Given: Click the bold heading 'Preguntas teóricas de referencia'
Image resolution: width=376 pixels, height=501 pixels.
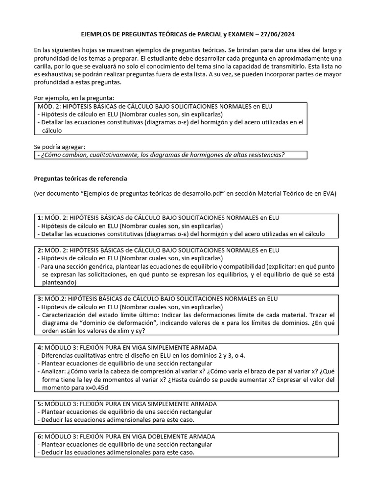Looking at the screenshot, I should pyautogui.click(x=81, y=178).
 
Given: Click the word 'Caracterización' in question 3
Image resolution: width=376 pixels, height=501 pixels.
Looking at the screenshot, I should pyautogui.click(x=65, y=315).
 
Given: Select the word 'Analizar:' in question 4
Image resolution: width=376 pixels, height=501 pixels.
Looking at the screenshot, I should pyautogui.click(x=55, y=371).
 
